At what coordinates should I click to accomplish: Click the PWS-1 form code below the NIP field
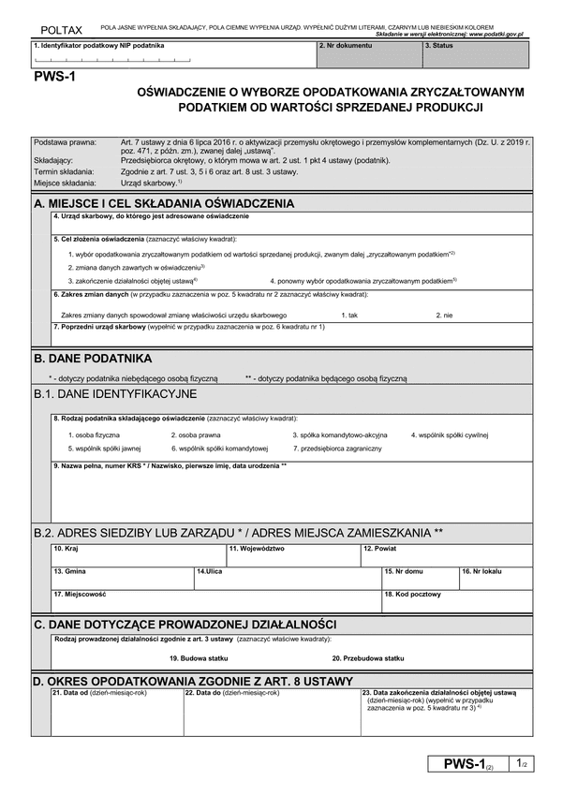pos(53,79)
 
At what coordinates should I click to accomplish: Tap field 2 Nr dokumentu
pos(368,55)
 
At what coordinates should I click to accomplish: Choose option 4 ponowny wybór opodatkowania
pos(362,280)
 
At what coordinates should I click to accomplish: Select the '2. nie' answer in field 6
pos(445,315)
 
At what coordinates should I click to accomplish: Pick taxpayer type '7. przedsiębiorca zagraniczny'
pos(337,449)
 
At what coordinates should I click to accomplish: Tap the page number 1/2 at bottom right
pos(523,764)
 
